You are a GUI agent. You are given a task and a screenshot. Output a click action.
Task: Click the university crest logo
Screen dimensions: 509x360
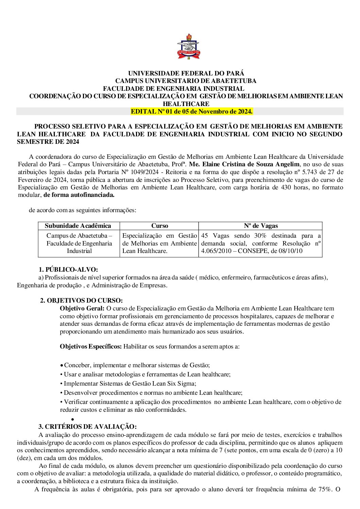188,47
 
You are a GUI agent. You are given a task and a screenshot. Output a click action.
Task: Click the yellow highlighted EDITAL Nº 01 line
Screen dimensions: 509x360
192,112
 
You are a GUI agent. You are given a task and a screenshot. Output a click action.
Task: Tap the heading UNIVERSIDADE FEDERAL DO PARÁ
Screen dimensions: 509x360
186,73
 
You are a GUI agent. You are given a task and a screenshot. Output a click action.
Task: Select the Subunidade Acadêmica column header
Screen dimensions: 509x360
78,226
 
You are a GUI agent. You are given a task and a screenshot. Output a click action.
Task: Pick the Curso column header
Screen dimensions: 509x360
159,226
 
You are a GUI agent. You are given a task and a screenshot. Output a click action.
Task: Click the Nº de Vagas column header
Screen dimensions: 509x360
261,226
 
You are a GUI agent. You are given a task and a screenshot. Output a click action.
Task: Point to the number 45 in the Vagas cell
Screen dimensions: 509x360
205,236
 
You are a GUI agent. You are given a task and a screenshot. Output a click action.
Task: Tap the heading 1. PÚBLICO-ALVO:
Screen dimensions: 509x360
68,270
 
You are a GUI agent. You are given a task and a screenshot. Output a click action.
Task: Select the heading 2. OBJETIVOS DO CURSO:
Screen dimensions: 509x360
81,301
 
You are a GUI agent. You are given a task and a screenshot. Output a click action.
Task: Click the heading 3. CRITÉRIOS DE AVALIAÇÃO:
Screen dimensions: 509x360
87,427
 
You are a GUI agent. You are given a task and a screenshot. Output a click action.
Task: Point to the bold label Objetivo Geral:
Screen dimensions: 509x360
82,308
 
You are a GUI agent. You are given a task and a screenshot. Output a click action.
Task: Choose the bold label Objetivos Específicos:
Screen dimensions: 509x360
90,346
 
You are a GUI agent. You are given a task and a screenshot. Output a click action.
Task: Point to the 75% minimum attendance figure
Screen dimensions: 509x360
324,489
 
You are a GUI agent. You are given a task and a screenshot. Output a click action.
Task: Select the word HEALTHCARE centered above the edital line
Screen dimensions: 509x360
186,104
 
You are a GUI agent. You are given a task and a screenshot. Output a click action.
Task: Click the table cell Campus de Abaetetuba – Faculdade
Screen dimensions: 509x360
79,243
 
